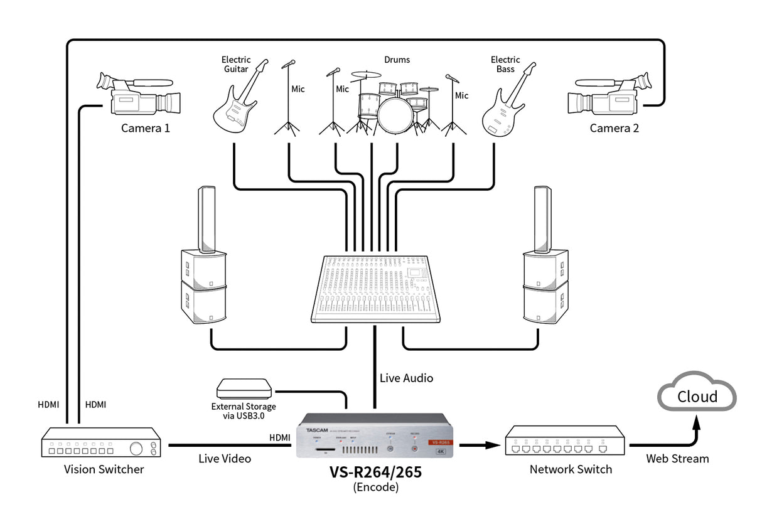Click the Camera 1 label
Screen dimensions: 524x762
coord(145,128)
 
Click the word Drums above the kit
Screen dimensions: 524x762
coord(397,60)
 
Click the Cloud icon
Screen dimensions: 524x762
coord(697,396)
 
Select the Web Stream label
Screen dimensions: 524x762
coord(677,459)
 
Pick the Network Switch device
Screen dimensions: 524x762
coord(565,441)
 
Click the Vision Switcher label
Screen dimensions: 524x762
coord(104,469)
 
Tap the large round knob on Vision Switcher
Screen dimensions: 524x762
coord(135,448)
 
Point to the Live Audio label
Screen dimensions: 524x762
coord(406,378)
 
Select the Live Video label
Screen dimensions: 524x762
coord(225,459)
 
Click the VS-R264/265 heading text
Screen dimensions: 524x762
coord(375,473)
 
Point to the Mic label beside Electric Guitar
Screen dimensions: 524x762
coord(298,89)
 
